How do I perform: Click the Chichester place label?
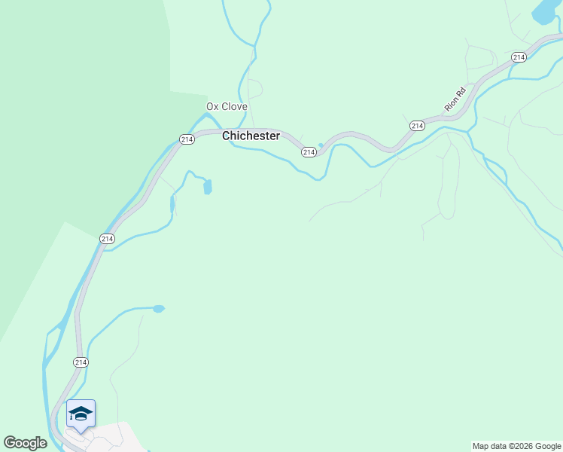(x=251, y=136)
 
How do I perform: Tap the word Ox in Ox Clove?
(x=213, y=107)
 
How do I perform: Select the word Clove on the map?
(x=234, y=107)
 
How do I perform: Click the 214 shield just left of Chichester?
(x=187, y=139)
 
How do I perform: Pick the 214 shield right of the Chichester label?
(x=309, y=152)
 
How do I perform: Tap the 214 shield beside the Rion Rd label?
(x=417, y=126)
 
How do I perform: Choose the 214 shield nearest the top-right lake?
(x=518, y=57)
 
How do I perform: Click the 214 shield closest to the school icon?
(x=81, y=362)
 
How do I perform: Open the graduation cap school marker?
(x=81, y=414)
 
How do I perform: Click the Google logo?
(x=25, y=443)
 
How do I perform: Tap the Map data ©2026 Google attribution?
(x=517, y=446)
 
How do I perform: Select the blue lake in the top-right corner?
(x=544, y=12)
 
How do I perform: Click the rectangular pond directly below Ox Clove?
(x=208, y=187)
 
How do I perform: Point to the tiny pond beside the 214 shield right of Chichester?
(x=321, y=146)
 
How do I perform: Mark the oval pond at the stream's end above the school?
(x=158, y=308)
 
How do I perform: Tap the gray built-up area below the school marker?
(x=113, y=438)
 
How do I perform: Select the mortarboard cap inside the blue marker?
(x=81, y=413)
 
